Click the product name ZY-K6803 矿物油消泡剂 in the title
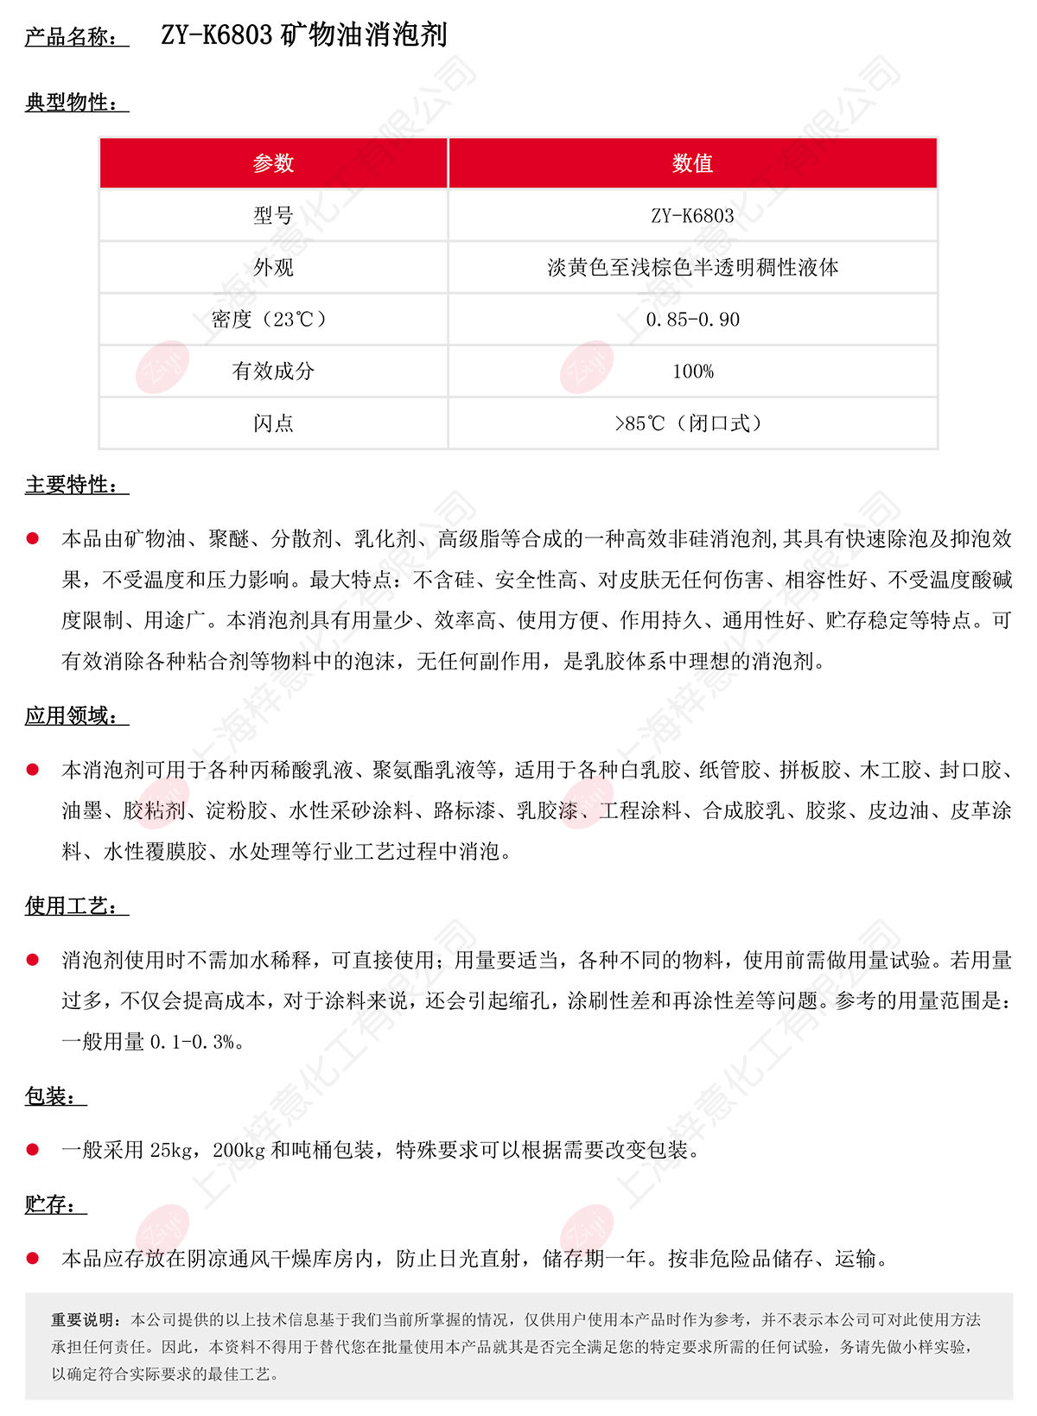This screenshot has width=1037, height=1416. [x=303, y=35]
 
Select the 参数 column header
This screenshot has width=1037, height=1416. [x=273, y=163]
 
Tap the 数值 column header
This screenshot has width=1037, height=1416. [x=692, y=163]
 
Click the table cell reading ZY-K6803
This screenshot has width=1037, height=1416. [x=692, y=216]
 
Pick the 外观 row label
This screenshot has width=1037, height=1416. [x=273, y=268]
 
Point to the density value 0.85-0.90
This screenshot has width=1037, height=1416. [x=692, y=320]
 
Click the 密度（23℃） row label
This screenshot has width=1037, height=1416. [x=273, y=320]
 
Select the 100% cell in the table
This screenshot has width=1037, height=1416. [x=692, y=371]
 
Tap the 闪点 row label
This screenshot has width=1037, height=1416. [x=273, y=423]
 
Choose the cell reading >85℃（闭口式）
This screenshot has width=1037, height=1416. [x=692, y=423]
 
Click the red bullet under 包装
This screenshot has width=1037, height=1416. [x=33, y=1150]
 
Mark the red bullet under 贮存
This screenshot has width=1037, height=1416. [x=33, y=1259]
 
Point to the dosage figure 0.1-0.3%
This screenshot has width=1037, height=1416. [x=192, y=1042]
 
